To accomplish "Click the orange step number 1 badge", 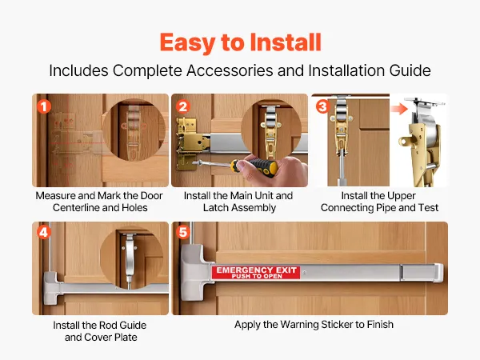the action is pyautogui.click(x=44, y=106).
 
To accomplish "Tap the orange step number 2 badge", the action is pyautogui.click(x=183, y=106).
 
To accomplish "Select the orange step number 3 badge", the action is pyautogui.click(x=322, y=106).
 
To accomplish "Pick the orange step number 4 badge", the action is pyautogui.click(x=44, y=232).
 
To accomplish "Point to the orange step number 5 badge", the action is pyautogui.click(x=183, y=232).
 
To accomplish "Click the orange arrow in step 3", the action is pyautogui.click(x=399, y=109).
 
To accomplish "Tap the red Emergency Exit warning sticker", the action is pyautogui.click(x=256, y=272).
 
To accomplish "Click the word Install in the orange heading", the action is pyautogui.click(x=286, y=42).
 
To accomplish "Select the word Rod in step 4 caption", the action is pyautogui.click(x=109, y=325).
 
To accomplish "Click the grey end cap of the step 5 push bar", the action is pyautogui.click(x=438, y=272).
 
